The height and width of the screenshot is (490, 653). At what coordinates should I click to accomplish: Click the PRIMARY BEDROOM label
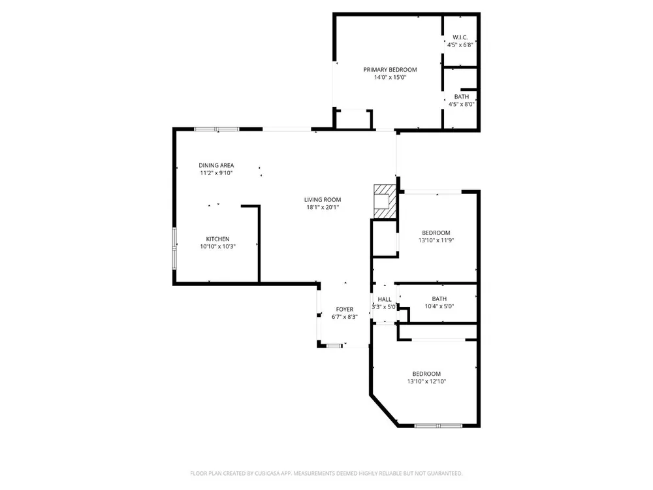pyautogui.click(x=390, y=70)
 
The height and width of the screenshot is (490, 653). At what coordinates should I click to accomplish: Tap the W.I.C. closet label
pyautogui.click(x=460, y=37)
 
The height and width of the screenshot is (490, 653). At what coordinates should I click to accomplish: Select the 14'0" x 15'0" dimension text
pyautogui.click(x=390, y=78)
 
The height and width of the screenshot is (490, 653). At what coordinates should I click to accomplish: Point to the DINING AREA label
pyautogui.click(x=216, y=165)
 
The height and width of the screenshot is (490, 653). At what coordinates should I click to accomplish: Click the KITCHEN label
pyautogui.click(x=218, y=239)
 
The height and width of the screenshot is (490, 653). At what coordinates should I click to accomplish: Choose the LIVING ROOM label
pyautogui.click(x=323, y=200)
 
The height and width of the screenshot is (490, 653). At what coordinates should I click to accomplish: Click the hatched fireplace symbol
pyautogui.click(x=385, y=201)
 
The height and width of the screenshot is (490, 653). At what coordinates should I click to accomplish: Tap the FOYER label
pyautogui.click(x=344, y=310)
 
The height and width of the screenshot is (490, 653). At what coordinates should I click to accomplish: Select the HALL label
pyautogui.click(x=385, y=300)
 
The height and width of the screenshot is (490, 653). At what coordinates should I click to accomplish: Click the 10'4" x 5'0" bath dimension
pyautogui.click(x=439, y=306)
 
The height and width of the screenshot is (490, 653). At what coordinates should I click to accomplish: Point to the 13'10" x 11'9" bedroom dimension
pyautogui.click(x=436, y=240)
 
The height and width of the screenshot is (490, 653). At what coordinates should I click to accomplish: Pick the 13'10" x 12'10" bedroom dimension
pyautogui.click(x=426, y=382)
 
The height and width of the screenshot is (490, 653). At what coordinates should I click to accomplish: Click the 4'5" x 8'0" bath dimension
pyautogui.click(x=461, y=104)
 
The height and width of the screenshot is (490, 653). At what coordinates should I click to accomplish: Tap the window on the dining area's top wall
pyautogui.click(x=217, y=129)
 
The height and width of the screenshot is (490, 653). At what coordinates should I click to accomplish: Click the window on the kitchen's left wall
pyautogui.click(x=174, y=249)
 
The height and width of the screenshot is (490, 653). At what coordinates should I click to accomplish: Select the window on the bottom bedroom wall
pyautogui.click(x=439, y=426)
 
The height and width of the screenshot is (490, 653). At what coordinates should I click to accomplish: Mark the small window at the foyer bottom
pyautogui.click(x=334, y=346)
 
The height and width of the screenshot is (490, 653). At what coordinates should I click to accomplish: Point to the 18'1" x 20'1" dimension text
pyautogui.click(x=323, y=208)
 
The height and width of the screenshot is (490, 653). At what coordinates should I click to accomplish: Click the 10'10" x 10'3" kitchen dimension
pyautogui.click(x=218, y=247)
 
